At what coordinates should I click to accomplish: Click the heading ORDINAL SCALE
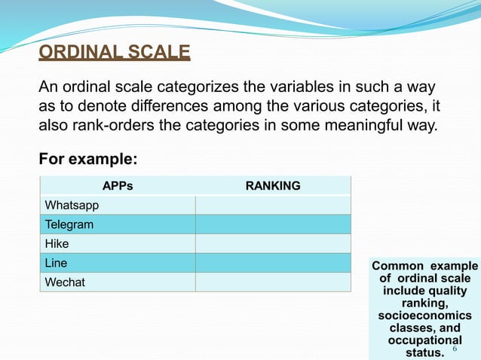[115, 53]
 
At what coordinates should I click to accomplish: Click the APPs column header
[117, 185]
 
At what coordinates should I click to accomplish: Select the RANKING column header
[273, 185]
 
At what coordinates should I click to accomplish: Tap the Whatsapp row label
[72, 205]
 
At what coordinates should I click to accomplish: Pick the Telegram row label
[69, 224]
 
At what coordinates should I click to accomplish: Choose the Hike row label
[57, 244]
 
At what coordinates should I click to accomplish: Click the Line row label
[57, 263]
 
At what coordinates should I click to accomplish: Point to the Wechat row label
[66, 282]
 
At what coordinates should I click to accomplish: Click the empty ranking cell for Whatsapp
[273, 205]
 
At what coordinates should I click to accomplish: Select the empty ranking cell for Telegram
[273, 224]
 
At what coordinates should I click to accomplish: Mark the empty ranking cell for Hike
[273, 244]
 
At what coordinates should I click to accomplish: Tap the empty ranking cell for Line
[273, 263]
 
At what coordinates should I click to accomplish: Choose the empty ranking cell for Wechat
[273, 282]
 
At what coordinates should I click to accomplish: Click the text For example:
[88, 160]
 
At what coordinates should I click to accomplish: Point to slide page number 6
[454, 349]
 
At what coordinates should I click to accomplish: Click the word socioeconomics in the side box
[424, 316]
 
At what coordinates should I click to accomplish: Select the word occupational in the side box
[424, 340]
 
